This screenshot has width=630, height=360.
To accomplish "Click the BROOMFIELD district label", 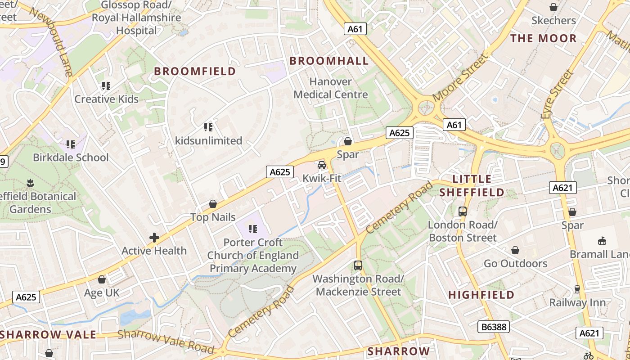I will click(x=195, y=71).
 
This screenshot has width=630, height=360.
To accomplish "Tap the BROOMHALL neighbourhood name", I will click(x=329, y=61).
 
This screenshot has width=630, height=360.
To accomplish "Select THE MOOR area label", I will click(x=543, y=38).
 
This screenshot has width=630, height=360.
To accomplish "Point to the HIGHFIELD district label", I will click(x=481, y=295).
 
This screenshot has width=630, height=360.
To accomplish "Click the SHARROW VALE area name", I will click(x=48, y=335).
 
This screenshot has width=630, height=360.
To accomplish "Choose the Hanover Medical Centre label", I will click(x=331, y=88).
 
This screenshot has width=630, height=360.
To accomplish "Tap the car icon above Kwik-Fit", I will click(x=322, y=165).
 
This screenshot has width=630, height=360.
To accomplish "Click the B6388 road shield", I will click(x=494, y=327).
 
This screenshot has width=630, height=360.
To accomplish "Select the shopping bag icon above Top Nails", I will click(x=213, y=204).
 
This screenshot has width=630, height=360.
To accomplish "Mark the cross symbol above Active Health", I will click(x=154, y=238).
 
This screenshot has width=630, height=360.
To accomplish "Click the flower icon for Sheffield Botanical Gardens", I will click(x=31, y=183).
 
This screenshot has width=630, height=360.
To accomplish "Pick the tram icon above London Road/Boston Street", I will click(x=462, y=211).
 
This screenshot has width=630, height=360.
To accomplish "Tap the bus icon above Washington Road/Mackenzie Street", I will click(x=358, y=265).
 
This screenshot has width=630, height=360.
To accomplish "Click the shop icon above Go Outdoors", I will click(x=515, y=250).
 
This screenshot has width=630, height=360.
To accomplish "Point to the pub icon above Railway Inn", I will click(x=577, y=289).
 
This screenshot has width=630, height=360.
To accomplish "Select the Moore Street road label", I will click(x=460, y=78).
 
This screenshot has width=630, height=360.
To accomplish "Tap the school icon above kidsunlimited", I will click(x=208, y=127).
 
